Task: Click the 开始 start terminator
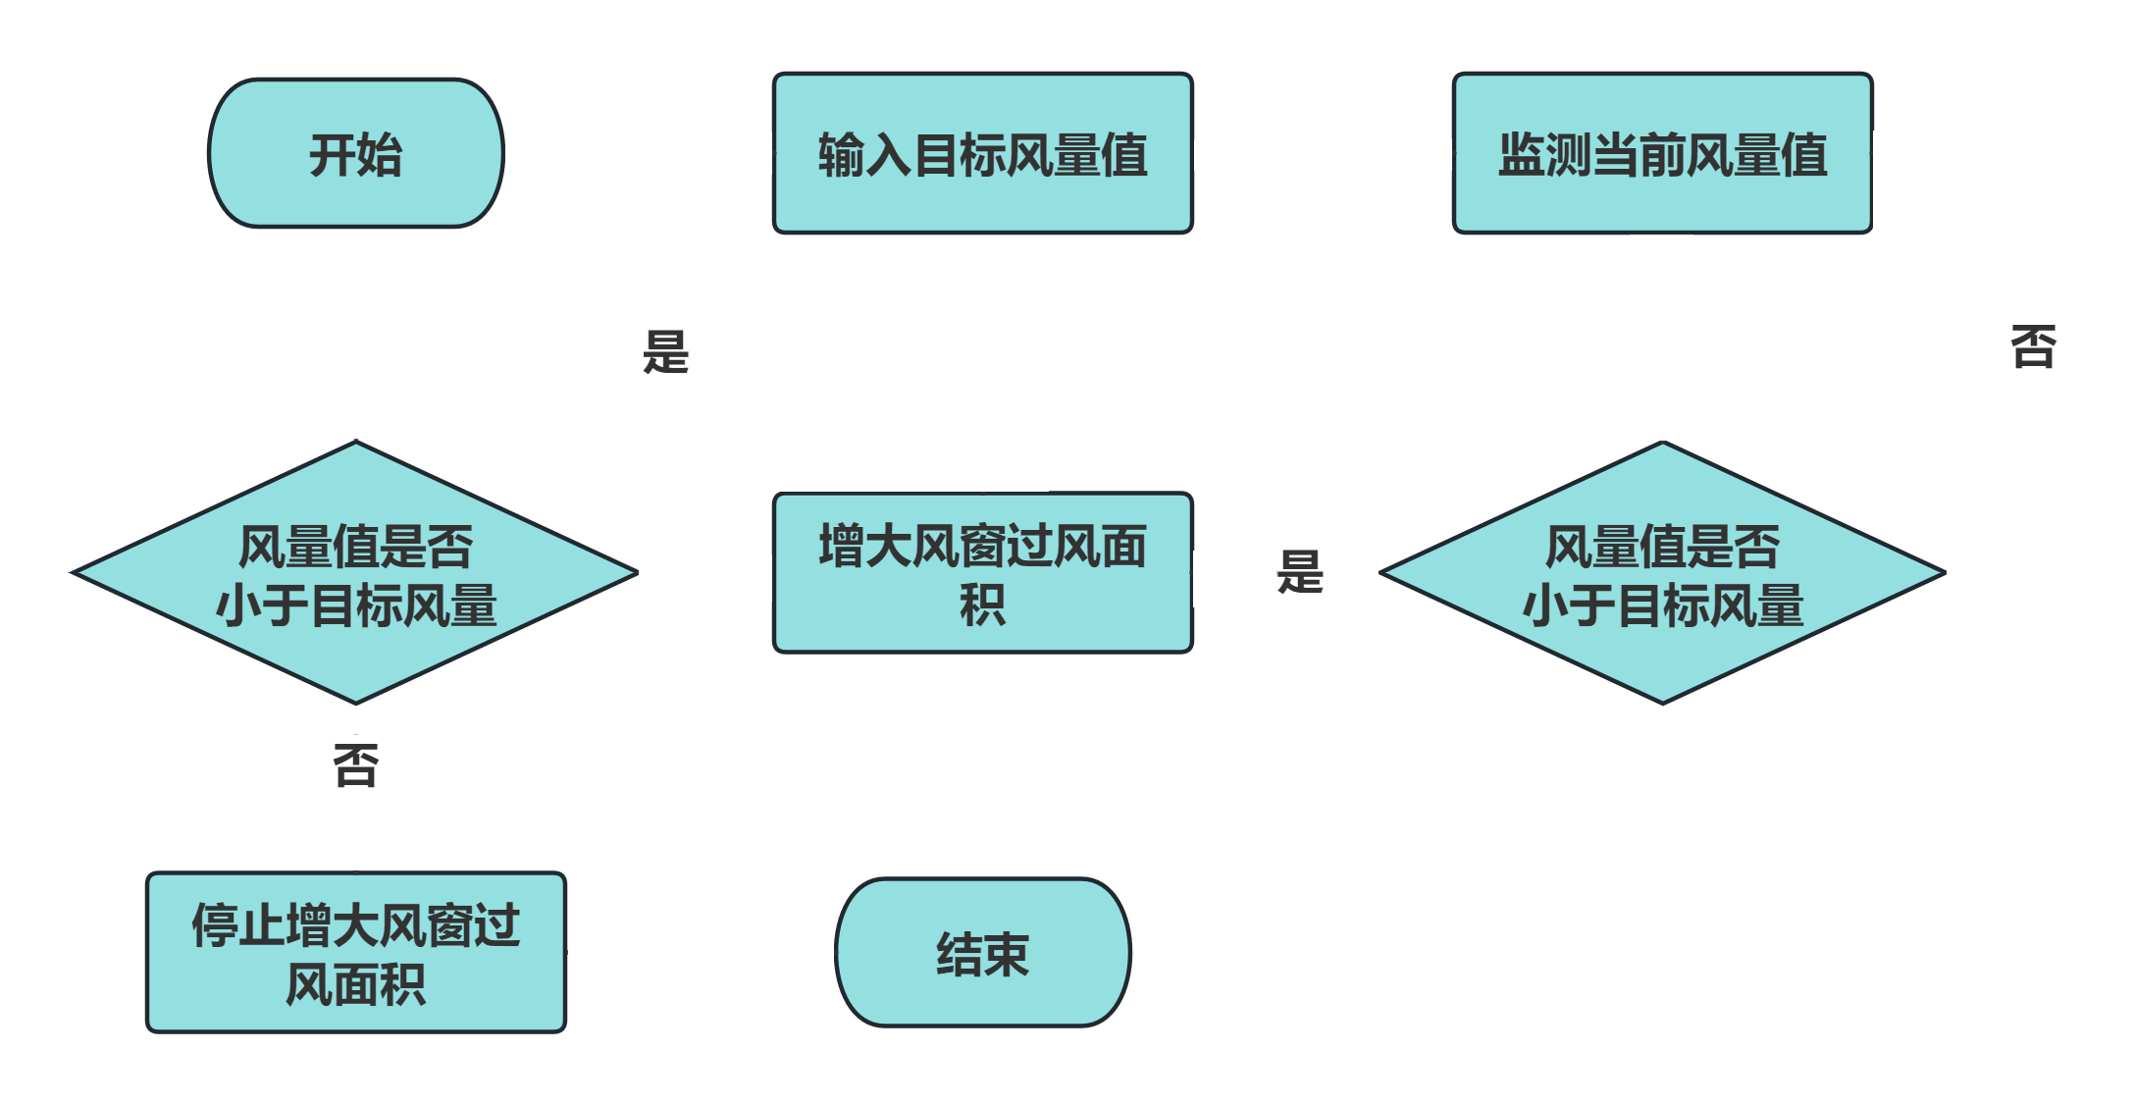coord(355,154)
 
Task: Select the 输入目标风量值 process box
coord(982,154)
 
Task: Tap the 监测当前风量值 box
coord(1662,154)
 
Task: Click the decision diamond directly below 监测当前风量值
coord(1662,574)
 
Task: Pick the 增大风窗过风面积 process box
coord(982,574)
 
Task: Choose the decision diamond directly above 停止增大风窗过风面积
coord(355,574)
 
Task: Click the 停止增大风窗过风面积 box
coord(355,953)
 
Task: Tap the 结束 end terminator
coord(982,953)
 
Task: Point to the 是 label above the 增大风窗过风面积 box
coord(665,351)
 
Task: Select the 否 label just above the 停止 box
coord(355,766)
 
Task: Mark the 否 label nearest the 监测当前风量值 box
coord(2033,346)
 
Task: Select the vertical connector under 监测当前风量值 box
coord(1661,337)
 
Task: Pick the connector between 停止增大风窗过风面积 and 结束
coord(701,953)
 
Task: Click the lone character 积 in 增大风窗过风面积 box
coord(982,605)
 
